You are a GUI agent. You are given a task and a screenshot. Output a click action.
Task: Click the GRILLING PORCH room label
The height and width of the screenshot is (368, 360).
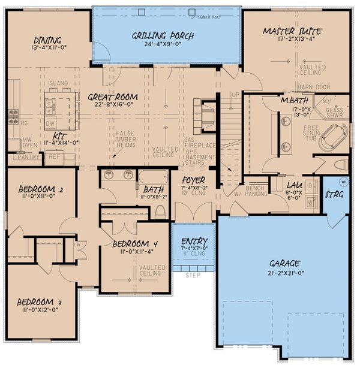click(x=163, y=36)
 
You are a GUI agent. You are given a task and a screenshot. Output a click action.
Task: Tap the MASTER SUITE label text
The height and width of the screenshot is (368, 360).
click(x=292, y=31)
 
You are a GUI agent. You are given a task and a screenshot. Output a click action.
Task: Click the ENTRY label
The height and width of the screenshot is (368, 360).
click(x=194, y=240)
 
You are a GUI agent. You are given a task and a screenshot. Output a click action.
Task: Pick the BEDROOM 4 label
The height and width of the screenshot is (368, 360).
click(x=135, y=244)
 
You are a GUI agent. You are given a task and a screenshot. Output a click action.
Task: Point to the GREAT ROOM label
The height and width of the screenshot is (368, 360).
click(x=113, y=96)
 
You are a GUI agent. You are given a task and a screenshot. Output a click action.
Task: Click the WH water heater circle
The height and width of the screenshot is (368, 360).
click(x=344, y=181)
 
